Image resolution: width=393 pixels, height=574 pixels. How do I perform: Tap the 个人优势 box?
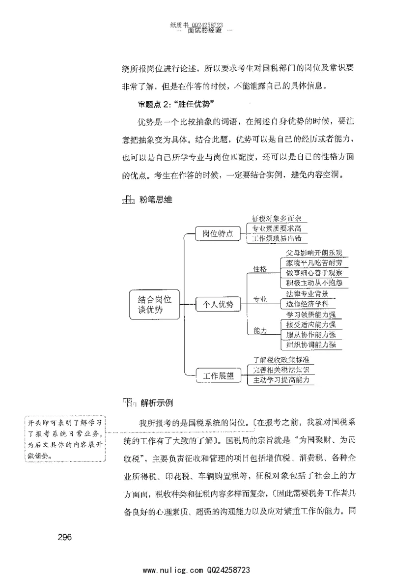217,305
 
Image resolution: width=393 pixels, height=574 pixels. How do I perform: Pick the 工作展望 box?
218,376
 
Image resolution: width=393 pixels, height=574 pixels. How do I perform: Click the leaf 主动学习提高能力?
281,380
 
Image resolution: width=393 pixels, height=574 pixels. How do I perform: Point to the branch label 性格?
260,269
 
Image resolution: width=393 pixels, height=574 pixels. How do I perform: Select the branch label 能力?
260,331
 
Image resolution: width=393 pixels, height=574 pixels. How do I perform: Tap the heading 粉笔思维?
155,200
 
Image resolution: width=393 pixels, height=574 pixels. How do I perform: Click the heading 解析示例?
157,403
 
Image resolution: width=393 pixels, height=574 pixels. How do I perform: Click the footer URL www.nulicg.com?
169,569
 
